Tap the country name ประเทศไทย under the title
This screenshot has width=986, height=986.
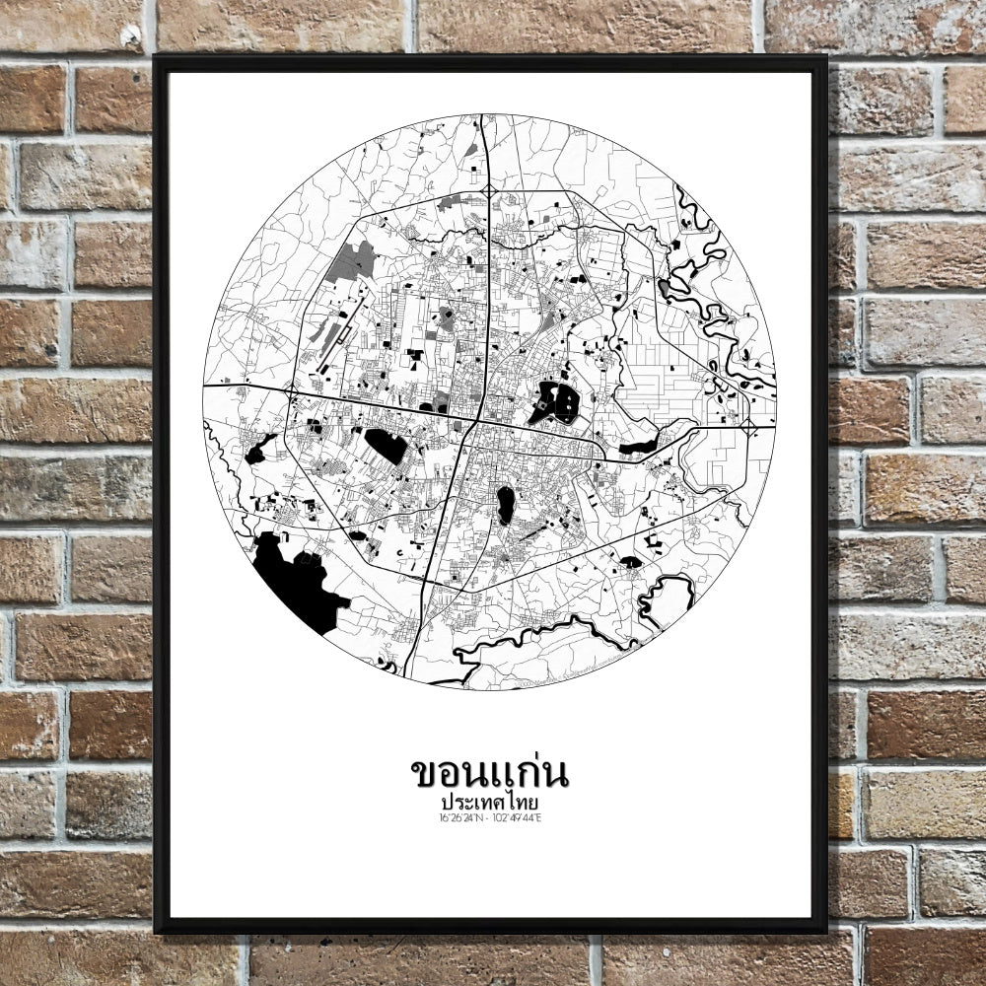489,803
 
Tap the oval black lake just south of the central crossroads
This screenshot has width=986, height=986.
505,505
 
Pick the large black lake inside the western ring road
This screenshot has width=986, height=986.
386,446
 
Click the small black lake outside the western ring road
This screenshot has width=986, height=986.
259,450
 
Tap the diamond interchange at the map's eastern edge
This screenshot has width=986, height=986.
747,427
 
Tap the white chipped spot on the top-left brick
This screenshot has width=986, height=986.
130,37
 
